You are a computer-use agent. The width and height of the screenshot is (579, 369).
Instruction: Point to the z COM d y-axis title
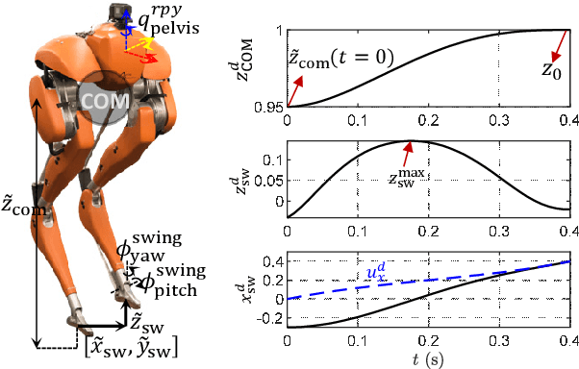[x=245, y=67]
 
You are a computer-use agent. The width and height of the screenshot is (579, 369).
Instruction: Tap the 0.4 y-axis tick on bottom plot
[x=272, y=261]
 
